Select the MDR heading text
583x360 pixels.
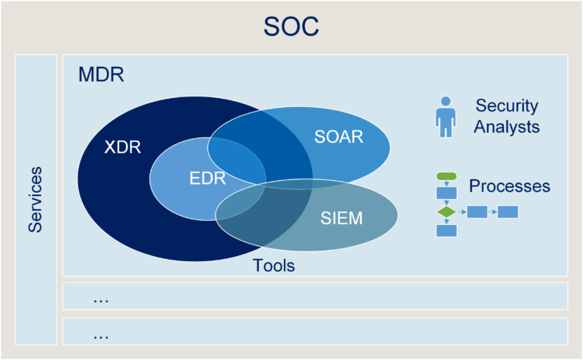pos(100,75)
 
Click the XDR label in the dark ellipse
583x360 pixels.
pos(122,147)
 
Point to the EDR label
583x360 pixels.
pos(207,178)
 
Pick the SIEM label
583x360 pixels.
pos(341,219)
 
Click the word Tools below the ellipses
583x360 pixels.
pos(273,266)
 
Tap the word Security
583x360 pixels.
pos(506,106)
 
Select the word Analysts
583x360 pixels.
pos(506,127)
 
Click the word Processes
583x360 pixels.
pos(509,186)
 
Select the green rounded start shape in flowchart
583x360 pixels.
pos(446,176)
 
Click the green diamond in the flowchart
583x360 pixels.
pos(446,211)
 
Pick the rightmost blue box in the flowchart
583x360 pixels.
pos(507,212)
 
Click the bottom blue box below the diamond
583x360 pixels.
pos(446,230)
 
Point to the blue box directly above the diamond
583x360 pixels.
pos(446,192)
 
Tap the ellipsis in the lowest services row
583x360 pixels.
pos(101,333)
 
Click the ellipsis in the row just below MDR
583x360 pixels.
pos(101,298)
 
